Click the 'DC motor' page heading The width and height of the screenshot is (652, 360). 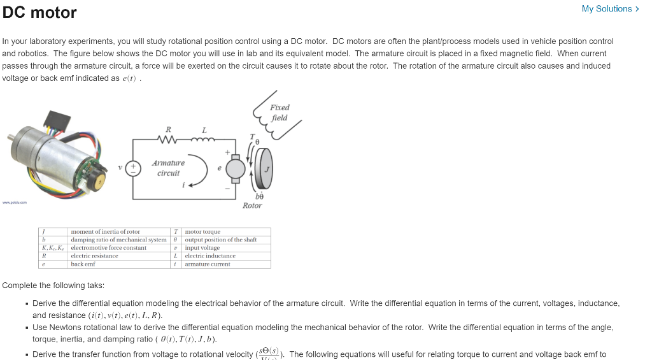[39, 13]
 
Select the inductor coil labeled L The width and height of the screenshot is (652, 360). [204, 140]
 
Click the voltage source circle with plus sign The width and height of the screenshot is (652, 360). [134, 168]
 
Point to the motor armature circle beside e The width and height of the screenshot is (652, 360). [236, 168]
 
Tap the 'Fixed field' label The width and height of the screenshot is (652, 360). [280, 113]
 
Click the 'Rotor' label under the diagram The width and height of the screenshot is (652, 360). [252, 206]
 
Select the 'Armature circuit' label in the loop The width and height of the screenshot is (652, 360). [168, 168]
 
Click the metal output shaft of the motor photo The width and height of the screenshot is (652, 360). [11, 137]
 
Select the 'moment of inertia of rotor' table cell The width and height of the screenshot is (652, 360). [105, 232]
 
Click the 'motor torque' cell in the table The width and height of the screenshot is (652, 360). [202, 232]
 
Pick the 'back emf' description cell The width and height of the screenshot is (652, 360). [83, 264]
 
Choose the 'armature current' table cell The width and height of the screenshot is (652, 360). [208, 264]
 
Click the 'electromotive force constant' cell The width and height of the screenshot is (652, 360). [108, 248]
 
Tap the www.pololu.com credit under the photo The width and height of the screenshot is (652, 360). [13, 203]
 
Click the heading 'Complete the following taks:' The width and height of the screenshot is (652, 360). [53, 285]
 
